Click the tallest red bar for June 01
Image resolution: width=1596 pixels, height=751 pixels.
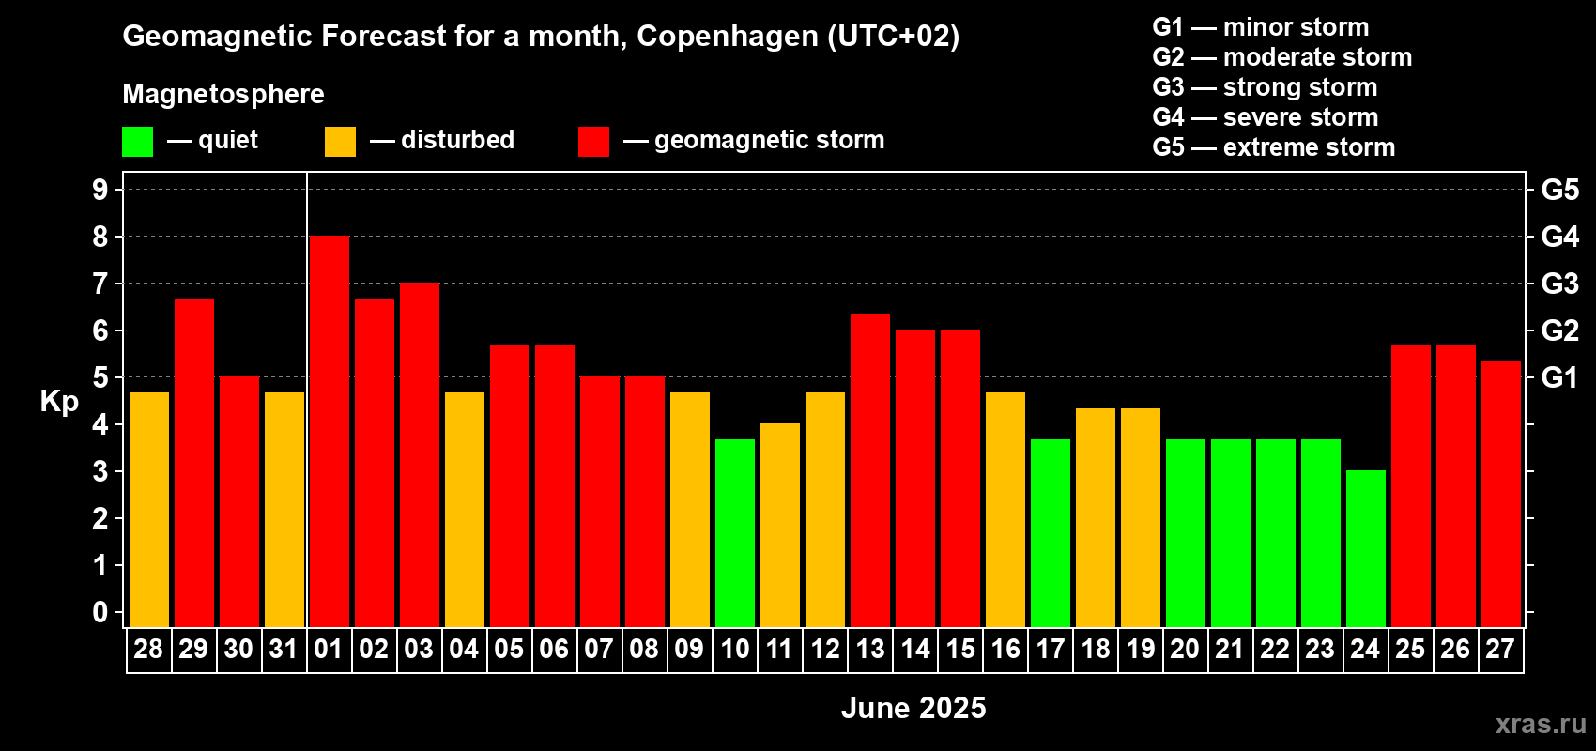330,431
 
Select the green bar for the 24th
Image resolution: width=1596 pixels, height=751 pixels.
1366,548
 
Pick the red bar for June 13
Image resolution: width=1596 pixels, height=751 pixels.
870,470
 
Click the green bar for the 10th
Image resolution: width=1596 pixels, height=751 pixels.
735,533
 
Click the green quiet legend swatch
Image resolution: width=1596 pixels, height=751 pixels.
138,142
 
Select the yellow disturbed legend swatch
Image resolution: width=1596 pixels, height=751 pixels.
341,142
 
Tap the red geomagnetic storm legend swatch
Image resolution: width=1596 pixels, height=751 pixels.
594,142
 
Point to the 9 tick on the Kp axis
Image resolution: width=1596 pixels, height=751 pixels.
100,190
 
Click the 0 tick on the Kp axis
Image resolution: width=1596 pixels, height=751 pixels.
100,613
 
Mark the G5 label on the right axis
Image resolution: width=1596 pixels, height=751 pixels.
1559,190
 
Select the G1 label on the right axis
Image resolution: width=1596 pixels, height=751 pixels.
1559,377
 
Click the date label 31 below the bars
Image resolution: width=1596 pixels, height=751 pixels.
284,649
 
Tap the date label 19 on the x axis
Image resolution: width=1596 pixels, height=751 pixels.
1141,649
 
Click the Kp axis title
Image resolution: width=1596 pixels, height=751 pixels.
59,402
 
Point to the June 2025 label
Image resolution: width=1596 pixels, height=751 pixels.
913,708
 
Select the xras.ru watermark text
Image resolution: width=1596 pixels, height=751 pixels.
1541,724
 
